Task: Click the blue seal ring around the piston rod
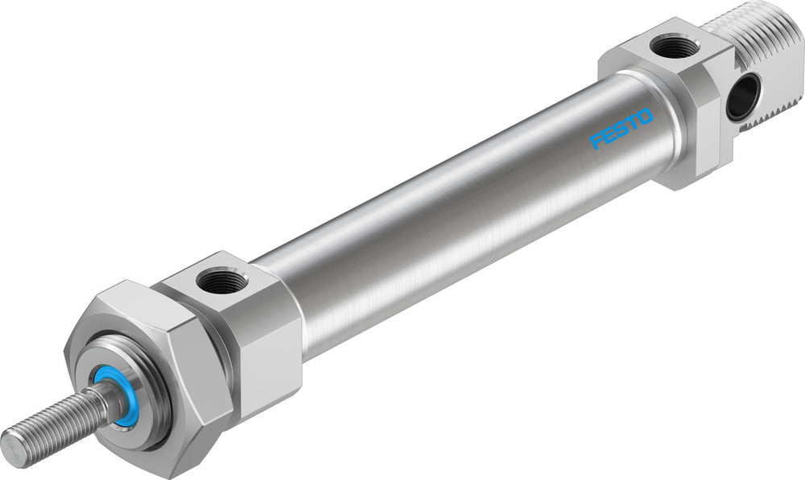pos(114,396)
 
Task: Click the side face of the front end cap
pos(266,354)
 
